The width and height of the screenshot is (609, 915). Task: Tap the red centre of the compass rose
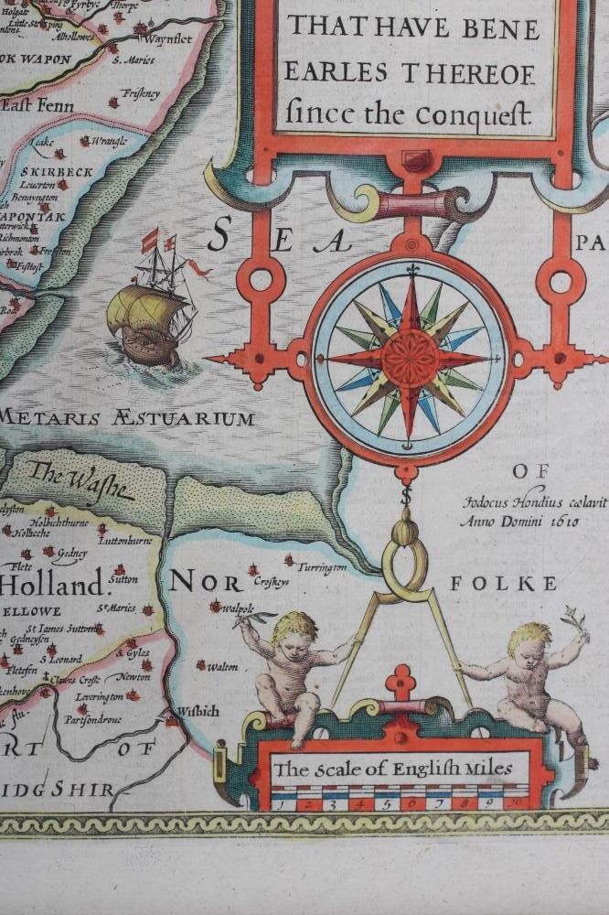point(410,359)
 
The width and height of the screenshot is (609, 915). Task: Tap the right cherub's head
point(529,638)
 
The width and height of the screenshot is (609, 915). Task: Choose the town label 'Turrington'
point(320,567)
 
